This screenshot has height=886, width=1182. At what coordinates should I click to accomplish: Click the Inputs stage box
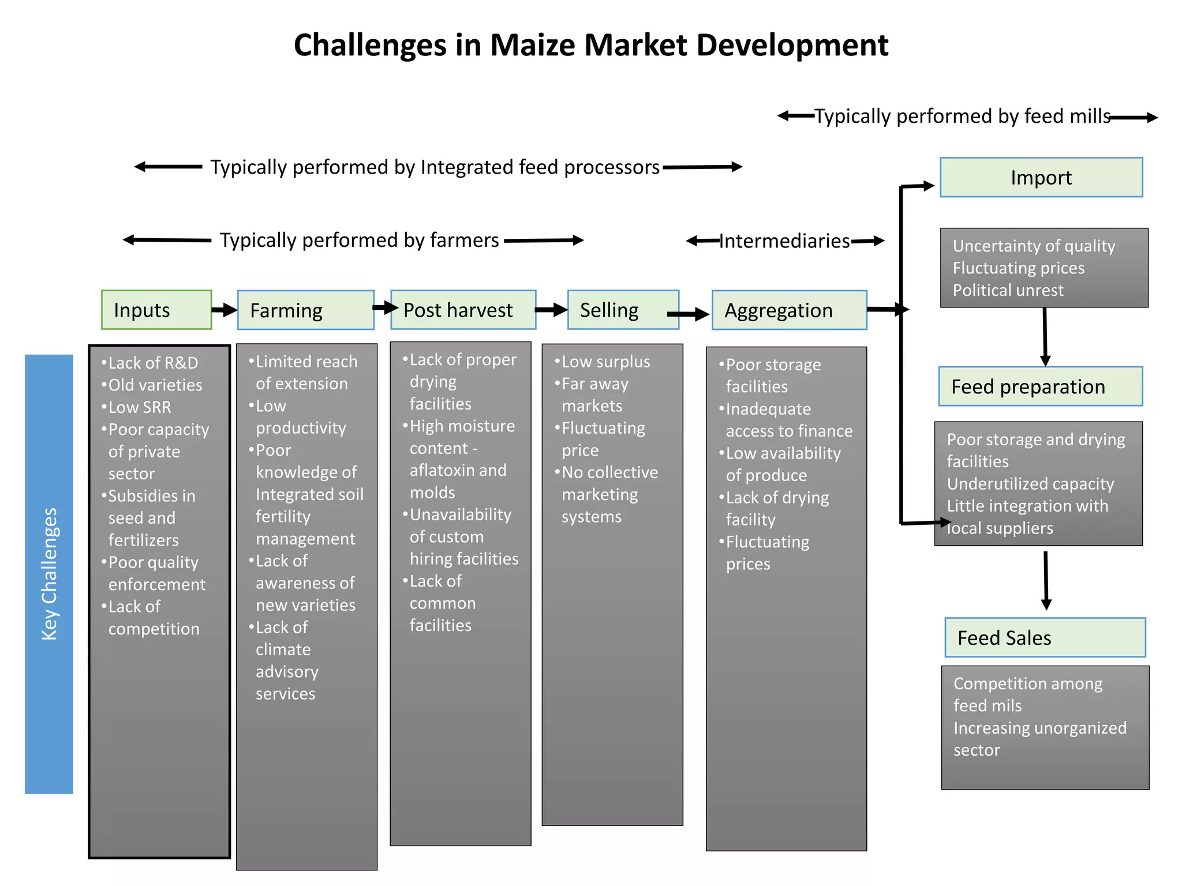[156, 310]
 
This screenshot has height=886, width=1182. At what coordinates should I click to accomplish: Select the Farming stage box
[305, 310]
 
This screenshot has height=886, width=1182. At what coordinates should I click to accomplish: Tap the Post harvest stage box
[463, 310]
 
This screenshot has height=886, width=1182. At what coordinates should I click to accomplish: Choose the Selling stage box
[623, 310]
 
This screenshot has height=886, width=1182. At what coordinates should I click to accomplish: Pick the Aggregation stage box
[789, 310]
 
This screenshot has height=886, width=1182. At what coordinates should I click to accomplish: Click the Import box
[1041, 178]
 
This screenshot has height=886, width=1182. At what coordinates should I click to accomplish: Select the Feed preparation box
[1040, 386]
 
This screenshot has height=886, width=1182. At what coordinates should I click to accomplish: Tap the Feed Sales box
[1045, 637]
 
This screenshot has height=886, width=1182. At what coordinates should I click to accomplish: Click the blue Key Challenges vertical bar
[49, 574]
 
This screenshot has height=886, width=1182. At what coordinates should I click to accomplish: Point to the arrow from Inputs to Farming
[225, 310]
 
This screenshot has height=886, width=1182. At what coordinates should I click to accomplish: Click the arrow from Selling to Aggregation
[688, 314]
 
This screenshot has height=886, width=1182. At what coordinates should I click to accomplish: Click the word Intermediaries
[784, 241]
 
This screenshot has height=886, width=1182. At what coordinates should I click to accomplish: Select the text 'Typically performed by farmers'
[359, 240]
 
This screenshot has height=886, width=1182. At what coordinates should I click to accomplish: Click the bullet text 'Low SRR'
[139, 407]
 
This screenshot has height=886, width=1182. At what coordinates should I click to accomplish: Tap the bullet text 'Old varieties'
[155, 385]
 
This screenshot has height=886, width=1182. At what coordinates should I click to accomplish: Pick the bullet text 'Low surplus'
[605, 362]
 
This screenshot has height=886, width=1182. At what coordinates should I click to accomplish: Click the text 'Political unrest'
[1008, 290]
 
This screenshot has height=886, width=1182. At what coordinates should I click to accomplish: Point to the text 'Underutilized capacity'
[1030, 484]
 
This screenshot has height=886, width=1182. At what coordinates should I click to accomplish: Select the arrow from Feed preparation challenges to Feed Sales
[1046, 580]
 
